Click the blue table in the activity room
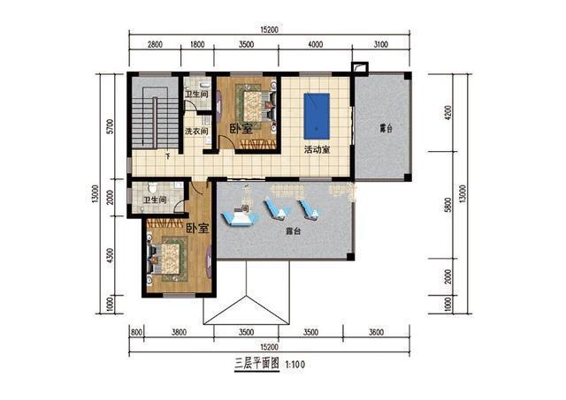(x=317, y=116)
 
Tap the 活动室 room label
(x=317, y=149)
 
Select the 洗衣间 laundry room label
(x=196, y=132)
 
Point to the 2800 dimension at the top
(x=155, y=44)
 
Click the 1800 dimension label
(x=197, y=44)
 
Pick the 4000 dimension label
(x=315, y=44)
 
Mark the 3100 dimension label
(x=380, y=44)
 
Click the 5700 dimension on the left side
(x=110, y=126)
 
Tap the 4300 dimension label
(x=110, y=255)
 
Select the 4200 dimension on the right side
(x=448, y=112)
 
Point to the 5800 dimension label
(x=448, y=205)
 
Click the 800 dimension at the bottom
(x=136, y=332)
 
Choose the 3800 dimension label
(x=179, y=332)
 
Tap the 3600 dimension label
(x=376, y=332)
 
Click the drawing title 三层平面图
(x=257, y=364)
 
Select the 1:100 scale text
(x=295, y=365)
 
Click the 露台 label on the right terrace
(x=386, y=128)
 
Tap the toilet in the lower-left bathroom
(x=152, y=187)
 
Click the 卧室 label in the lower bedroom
(x=197, y=228)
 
